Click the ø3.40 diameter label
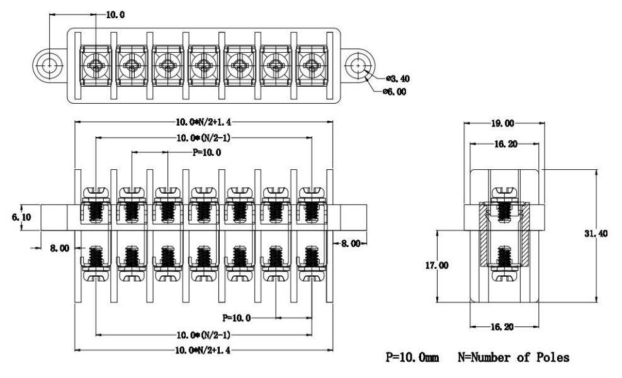coord(397,79)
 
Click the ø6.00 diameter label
coord(395,92)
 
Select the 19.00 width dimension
coord(502,123)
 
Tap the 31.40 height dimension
coord(596,234)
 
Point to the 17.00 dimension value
coord(437,265)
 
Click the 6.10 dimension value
coord(21,217)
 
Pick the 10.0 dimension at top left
coord(115,14)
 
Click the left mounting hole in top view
coord(49,65)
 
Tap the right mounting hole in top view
coord(359,65)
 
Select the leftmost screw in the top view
coord(96,65)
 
